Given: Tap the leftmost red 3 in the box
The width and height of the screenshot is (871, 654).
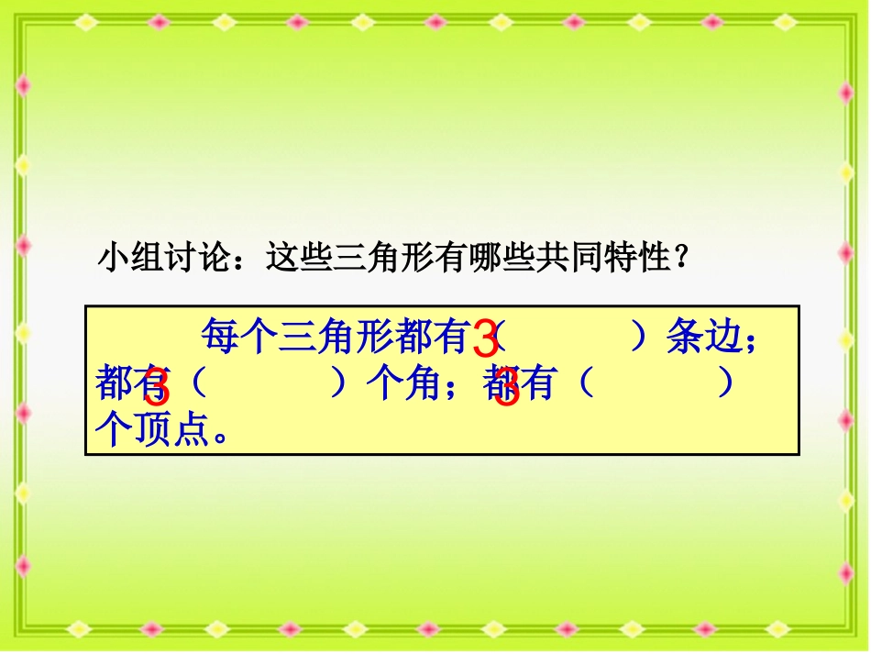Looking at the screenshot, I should point(157,389).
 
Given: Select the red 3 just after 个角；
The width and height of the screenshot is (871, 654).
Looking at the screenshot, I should point(507,389).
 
